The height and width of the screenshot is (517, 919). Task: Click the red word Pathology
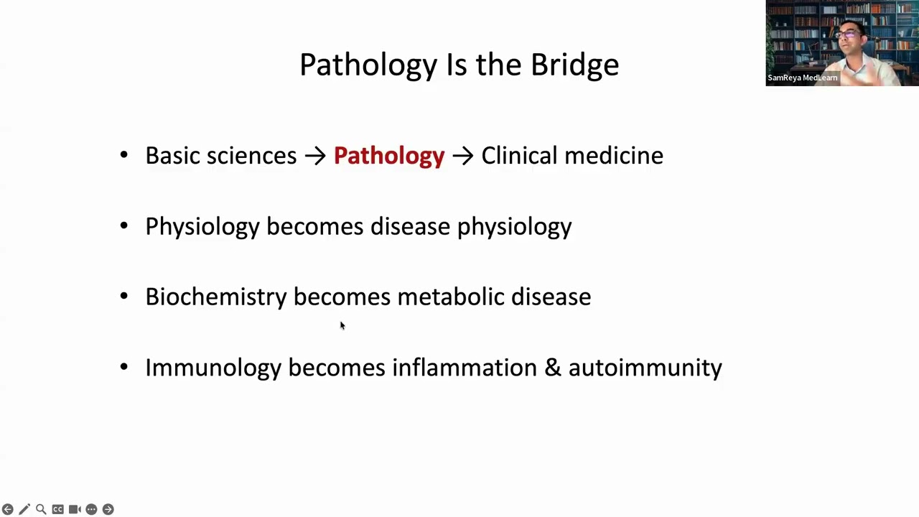click(388, 156)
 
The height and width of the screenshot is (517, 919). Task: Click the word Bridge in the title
click(574, 65)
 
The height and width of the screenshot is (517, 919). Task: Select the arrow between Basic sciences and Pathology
click(315, 156)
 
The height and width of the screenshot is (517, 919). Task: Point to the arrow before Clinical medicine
click(462, 156)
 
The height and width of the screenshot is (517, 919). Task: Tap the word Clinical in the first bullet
click(519, 156)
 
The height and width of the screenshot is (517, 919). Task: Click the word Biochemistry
click(215, 297)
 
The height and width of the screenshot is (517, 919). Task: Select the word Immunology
click(213, 368)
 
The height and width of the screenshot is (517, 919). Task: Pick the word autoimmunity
click(645, 368)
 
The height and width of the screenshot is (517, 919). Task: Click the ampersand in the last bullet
click(552, 368)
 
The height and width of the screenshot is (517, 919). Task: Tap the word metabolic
click(451, 297)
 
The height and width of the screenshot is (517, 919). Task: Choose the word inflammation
click(464, 368)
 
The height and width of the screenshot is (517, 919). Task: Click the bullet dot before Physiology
click(124, 226)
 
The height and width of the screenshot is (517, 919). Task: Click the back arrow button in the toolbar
click(8, 509)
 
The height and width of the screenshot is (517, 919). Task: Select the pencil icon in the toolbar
click(24, 509)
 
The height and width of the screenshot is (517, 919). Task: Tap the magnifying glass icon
click(41, 509)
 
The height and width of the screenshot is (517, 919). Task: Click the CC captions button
click(57, 509)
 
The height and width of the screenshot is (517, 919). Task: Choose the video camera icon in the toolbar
click(75, 509)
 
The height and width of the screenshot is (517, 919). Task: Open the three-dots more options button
click(91, 509)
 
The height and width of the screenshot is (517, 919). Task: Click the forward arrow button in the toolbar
click(108, 509)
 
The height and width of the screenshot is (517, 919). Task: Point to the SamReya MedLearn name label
click(802, 78)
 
